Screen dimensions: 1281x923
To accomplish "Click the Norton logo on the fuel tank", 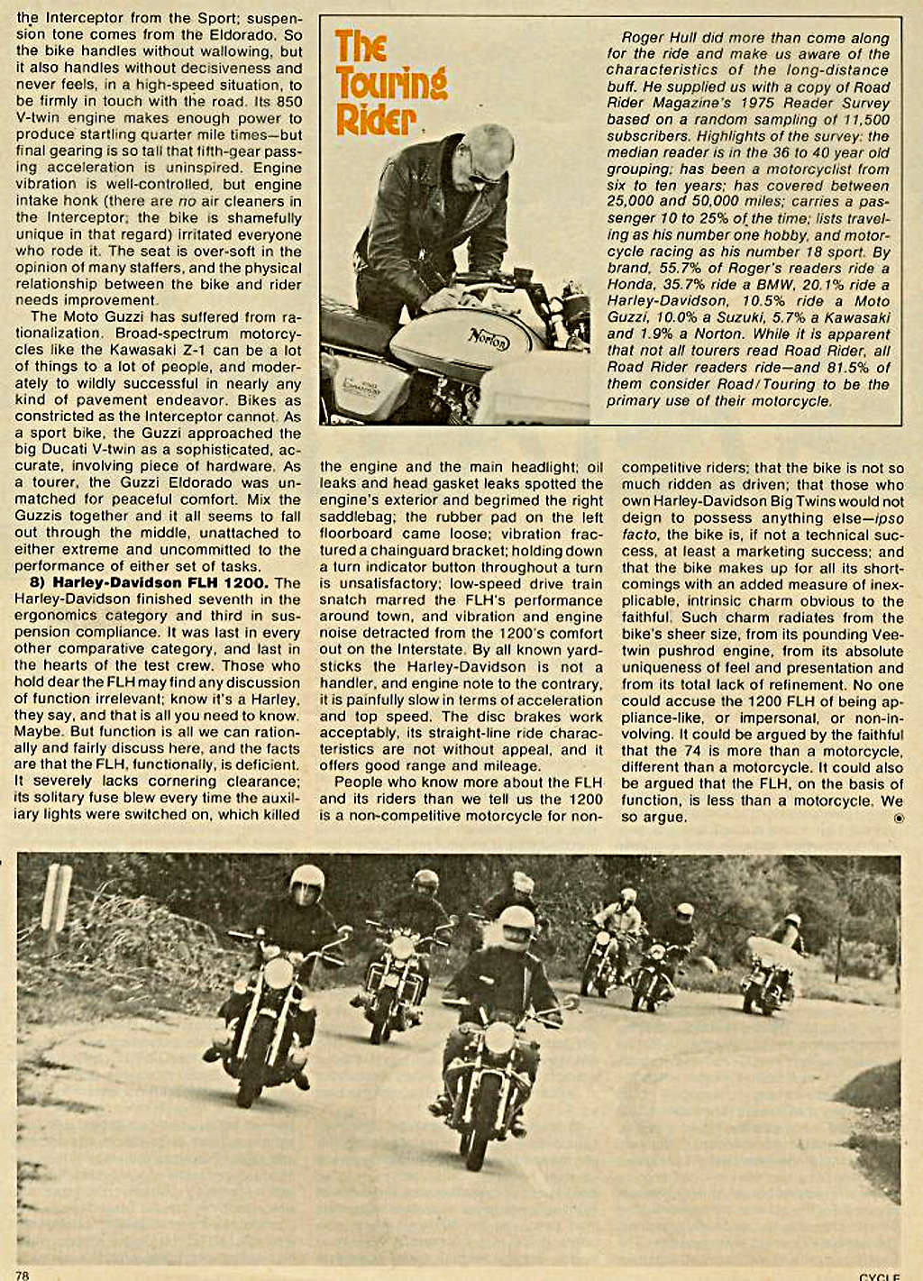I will (488, 341).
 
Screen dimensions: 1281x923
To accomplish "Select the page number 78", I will (23, 1274).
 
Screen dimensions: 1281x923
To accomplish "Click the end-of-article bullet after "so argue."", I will (897, 818).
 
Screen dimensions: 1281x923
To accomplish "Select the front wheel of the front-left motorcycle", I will (250, 1073).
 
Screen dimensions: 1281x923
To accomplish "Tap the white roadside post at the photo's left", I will (57, 898).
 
